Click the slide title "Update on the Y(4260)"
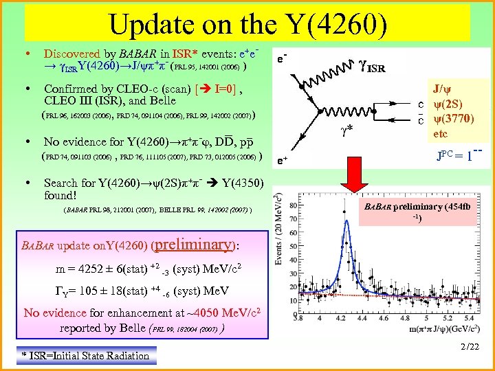pyautogui.click(x=247, y=25)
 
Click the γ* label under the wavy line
pyautogui.click(x=351, y=128)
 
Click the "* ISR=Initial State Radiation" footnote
pyautogui.click(x=85, y=355)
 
